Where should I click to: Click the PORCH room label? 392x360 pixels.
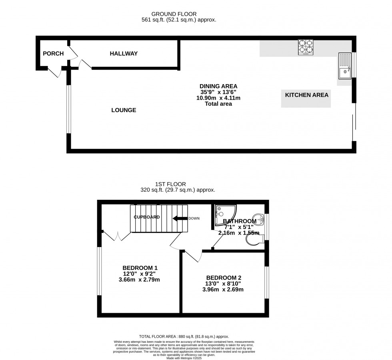(x=53, y=54)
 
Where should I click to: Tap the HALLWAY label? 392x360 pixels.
(x=124, y=54)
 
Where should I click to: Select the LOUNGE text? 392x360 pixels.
(x=124, y=110)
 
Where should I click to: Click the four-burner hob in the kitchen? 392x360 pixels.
(x=306, y=47)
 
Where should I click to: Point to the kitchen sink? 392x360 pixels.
(x=344, y=66)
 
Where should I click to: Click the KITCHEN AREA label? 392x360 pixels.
(x=306, y=95)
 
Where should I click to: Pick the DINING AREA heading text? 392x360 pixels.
(x=218, y=86)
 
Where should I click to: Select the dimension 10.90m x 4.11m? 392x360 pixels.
(x=218, y=98)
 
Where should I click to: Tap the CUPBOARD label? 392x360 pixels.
(x=147, y=217)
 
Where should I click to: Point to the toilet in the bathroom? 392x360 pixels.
(x=253, y=239)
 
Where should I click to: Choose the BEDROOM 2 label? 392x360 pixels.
(x=224, y=278)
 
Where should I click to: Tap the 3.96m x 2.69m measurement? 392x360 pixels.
(x=224, y=290)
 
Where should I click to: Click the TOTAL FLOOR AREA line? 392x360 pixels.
(x=184, y=337)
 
